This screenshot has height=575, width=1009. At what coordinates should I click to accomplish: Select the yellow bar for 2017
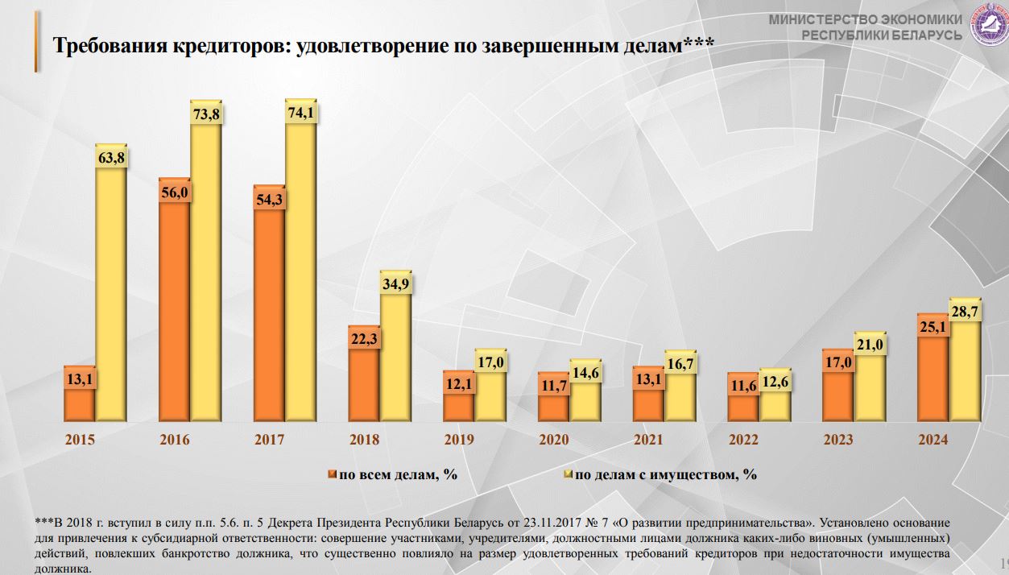point(300,274)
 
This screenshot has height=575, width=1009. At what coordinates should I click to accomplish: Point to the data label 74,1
point(300,113)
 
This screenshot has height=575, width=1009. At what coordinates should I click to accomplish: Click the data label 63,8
point(111,157)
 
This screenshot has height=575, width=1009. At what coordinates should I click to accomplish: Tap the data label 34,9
point(395,284)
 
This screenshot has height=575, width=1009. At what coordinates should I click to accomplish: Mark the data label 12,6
point(775,382)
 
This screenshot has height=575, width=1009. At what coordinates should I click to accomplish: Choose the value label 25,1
point(933,327)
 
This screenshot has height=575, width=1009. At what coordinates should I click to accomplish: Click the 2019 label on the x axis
point(459,441)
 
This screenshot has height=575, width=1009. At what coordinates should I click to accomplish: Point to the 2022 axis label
point(743,441)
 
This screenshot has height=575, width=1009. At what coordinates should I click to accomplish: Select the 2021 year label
point(648,441)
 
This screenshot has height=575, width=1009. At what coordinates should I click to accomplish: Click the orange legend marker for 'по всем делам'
point(331,474)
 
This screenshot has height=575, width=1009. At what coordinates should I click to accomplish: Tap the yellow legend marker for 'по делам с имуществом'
point(568,474)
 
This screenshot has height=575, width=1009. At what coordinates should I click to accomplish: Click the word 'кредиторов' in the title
point(231,45)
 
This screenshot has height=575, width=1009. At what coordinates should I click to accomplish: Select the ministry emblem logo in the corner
point(987,24)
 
